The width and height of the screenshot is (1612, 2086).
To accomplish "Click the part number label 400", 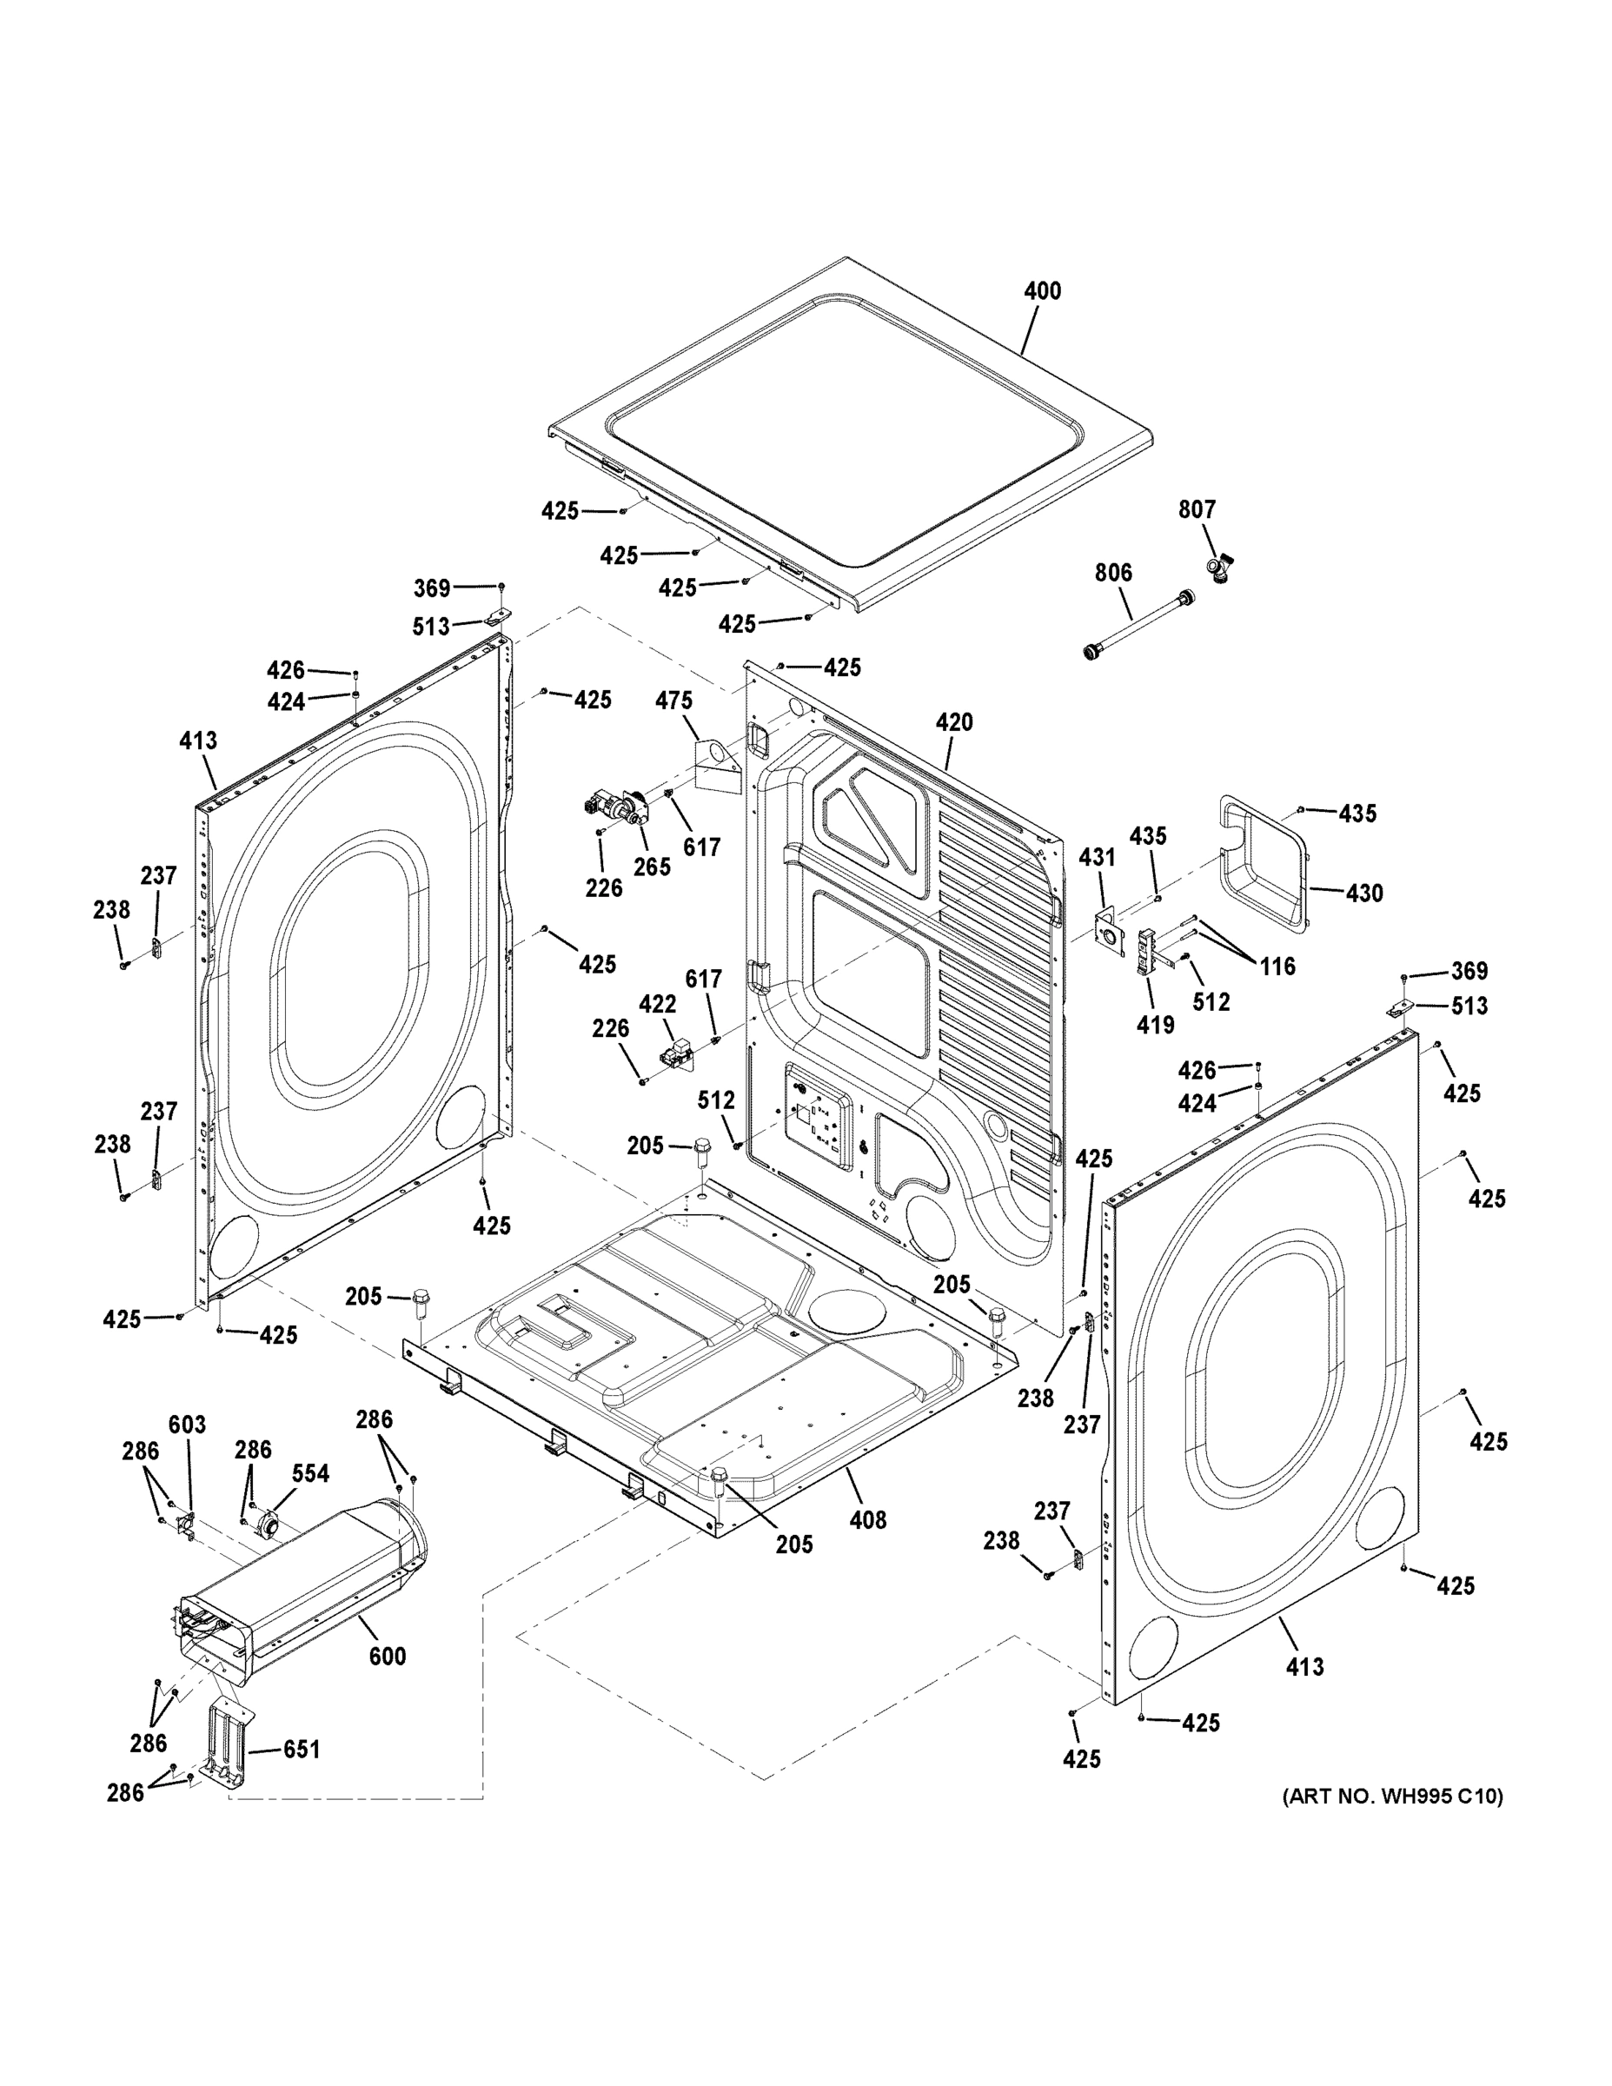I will (1042, 290).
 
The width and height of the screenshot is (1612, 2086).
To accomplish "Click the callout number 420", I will (953, 722).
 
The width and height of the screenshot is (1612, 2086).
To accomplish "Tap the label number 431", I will (1097, 857).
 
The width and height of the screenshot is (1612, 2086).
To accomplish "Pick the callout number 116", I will (1277, 966).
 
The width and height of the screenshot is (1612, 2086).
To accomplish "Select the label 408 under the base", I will (867, 1518).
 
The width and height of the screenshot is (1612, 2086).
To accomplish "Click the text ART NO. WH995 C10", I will (1391, 1797).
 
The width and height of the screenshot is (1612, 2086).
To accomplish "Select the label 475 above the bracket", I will (673, 700).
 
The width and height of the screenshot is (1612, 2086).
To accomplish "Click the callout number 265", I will (653, 867).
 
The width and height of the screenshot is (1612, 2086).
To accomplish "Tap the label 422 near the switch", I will (657, 1004).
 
